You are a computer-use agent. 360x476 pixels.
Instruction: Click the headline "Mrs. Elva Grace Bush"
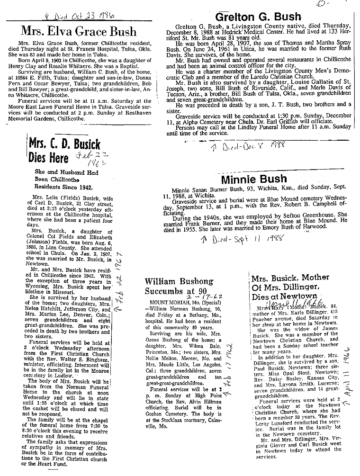click(78, 32)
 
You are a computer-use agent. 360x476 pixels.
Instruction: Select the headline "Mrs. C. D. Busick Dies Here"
click(58, 151)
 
